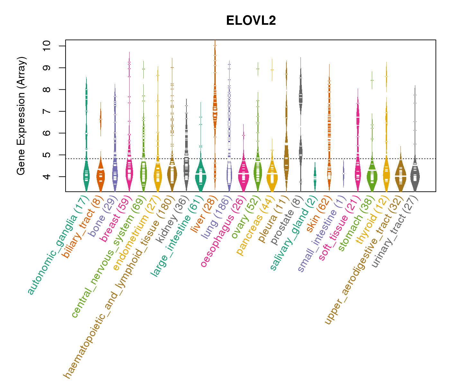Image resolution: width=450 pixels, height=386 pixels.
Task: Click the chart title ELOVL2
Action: (x=251, y=21)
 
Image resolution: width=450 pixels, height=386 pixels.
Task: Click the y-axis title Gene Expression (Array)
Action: (x=21, y=116)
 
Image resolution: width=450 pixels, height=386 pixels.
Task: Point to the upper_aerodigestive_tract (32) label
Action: (x=363, y=261)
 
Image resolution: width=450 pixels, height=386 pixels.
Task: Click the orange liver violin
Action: (x=215, y=109)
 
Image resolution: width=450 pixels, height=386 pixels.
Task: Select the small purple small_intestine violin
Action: (x=344, y=173)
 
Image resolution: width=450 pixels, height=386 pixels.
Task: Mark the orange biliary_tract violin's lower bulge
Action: (x=101, y=176)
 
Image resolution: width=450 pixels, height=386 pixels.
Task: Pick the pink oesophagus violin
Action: (x=243, y=175)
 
